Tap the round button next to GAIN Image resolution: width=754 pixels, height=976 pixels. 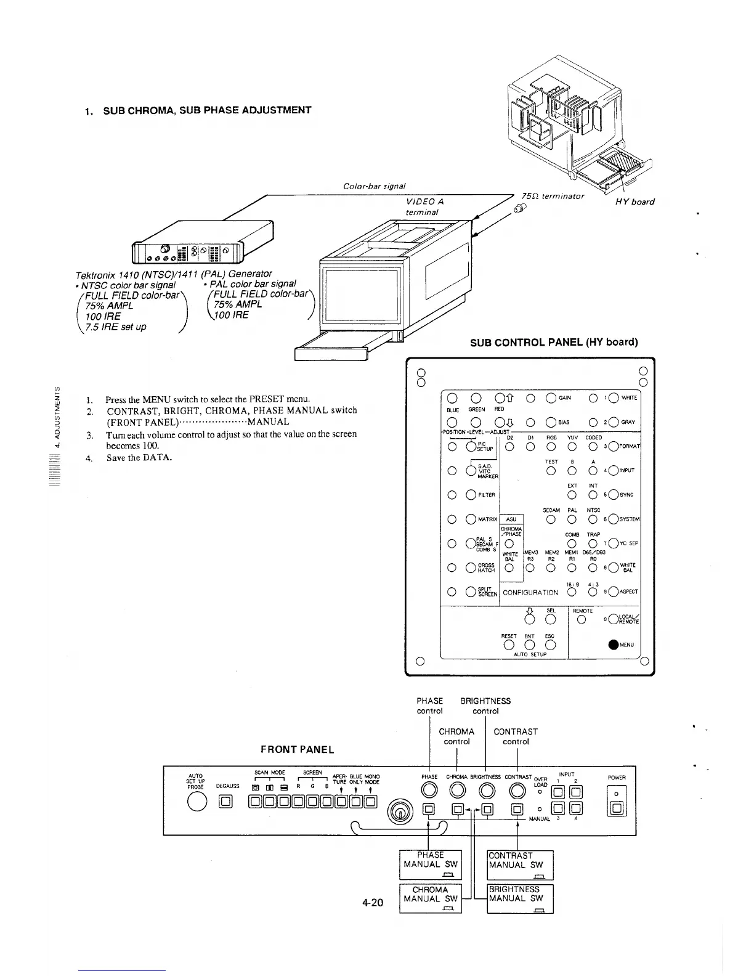pos(550,397)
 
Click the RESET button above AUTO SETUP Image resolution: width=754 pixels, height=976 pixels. pos(509,645)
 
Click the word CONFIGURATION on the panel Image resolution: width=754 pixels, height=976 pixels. pos(530,593)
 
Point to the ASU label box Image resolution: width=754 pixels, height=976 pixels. pos(511,519)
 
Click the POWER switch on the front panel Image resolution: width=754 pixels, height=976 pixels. pos(617,808)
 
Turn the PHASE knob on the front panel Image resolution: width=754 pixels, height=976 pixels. pos(429,791)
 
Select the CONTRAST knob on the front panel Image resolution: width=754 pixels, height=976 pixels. pos(517,791)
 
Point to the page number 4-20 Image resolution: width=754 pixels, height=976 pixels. pos(373,903)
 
